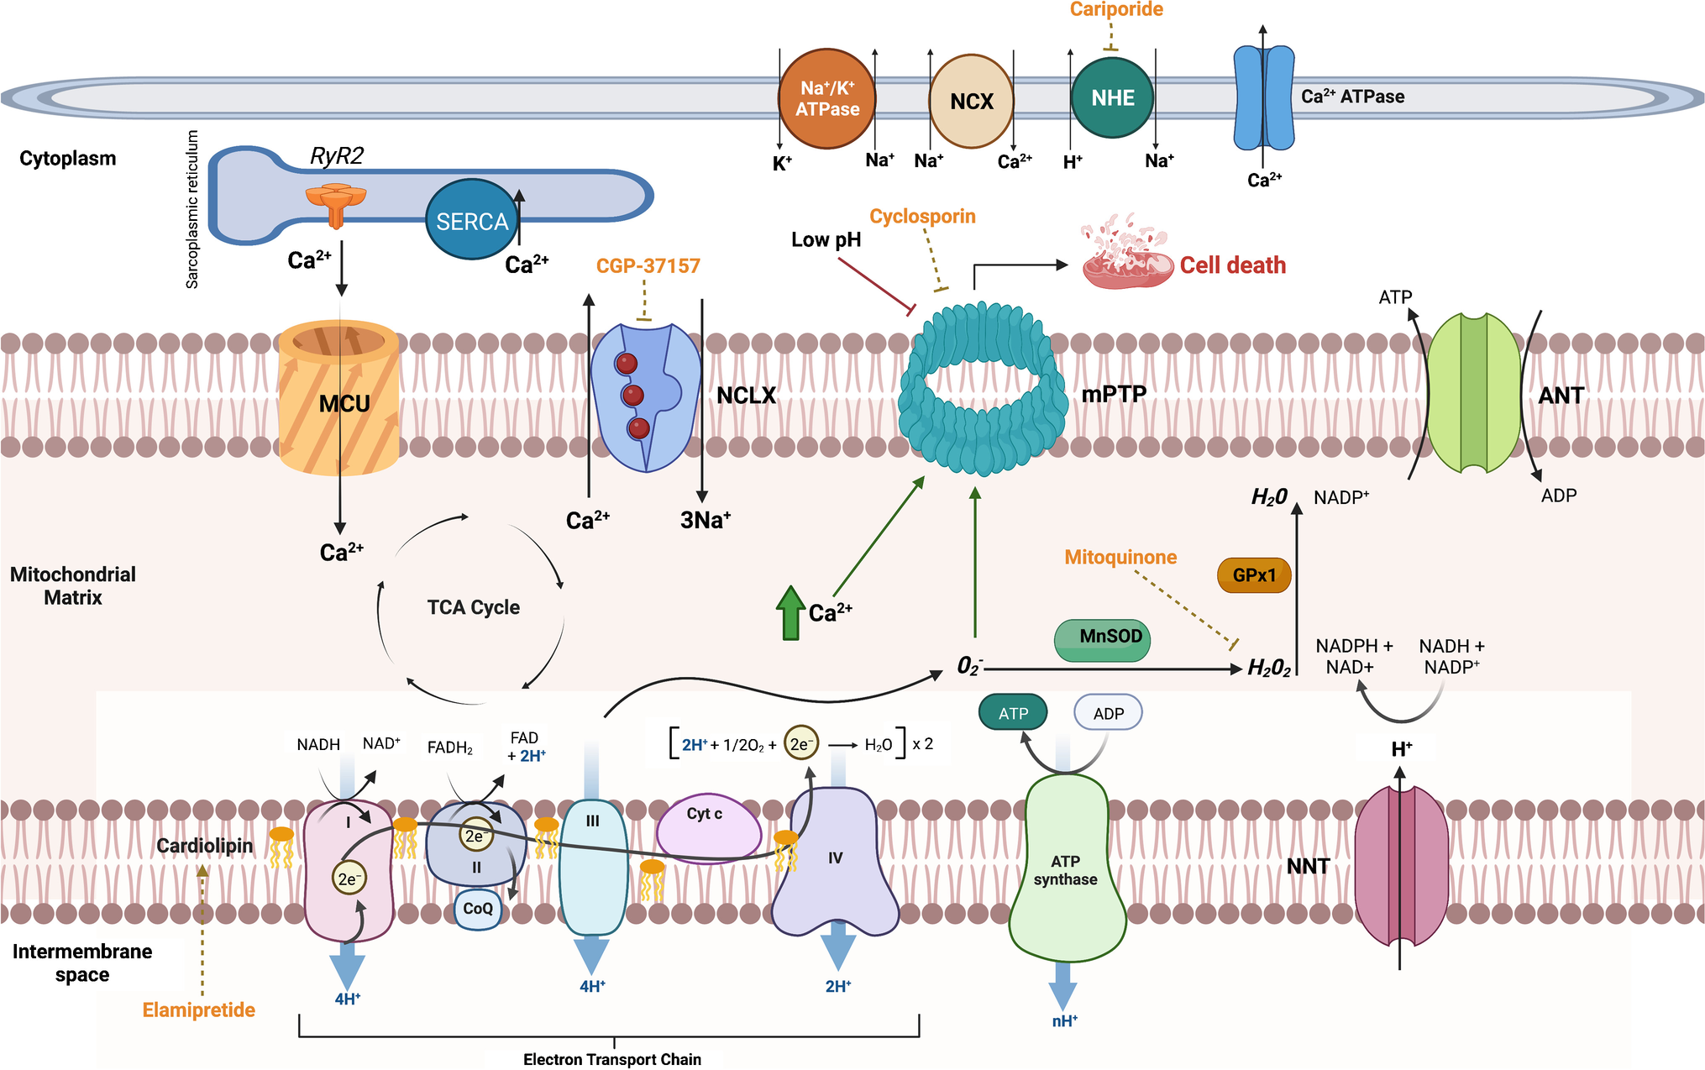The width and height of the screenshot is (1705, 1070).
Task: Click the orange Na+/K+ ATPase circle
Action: point(827,99)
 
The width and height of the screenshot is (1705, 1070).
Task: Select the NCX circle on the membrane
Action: point(972,101)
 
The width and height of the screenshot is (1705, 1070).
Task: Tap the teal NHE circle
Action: point(1112,98)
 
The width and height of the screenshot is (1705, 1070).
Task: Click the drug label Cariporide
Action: point(1116,10)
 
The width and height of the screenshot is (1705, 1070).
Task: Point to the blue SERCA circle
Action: point(472,221)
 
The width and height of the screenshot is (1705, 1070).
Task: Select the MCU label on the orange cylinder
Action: point(344,404)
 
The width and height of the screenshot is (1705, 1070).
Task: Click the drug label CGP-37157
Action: point(648,266)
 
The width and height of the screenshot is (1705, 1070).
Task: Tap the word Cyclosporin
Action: point(922,217)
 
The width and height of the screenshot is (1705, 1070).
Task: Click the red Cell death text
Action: point(1232,265)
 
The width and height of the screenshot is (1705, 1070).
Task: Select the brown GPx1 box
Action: point(1254,575)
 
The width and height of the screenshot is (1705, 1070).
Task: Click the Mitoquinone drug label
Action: point(1120,558)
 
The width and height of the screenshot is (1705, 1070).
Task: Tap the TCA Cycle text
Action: point(473,607)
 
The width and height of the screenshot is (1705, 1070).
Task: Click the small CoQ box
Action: point(478,909)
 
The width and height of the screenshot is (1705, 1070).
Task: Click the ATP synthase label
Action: point(1065,870)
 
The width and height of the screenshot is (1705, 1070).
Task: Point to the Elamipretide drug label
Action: point(198,1010)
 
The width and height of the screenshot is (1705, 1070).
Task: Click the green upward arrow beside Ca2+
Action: point(790,613)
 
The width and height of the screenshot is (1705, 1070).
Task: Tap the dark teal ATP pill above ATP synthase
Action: point(1013,713)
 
